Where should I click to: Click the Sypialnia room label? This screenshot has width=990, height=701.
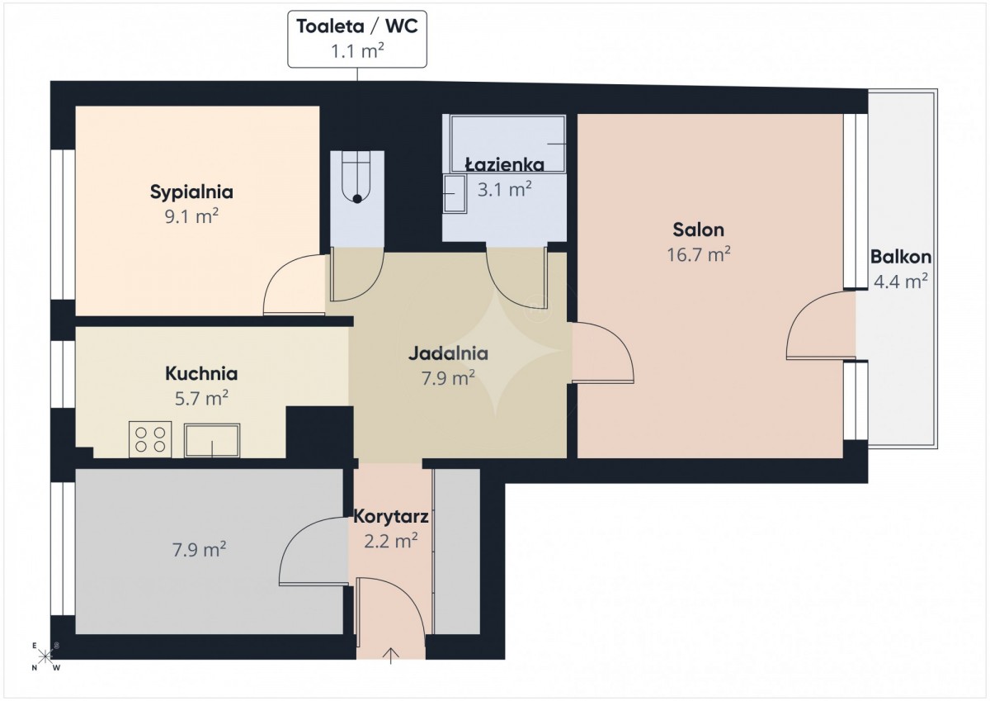(x=191, y=192)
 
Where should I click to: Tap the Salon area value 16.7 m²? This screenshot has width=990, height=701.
(x=698, y=255)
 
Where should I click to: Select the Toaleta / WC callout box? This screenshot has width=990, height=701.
(x=357, y=40)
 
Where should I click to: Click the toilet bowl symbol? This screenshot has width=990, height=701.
(x=357, y=177)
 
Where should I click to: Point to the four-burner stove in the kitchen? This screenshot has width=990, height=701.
(x=150, y=439)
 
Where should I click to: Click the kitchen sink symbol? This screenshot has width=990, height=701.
(x=212, y=440)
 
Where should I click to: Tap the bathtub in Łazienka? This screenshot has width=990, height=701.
(x=508, y=144)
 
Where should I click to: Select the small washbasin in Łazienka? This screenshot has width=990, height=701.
(x=455, y=194)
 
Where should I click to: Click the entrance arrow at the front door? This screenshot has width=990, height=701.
(x=391, y=656)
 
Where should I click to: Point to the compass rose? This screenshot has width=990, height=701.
(x=45, y=656)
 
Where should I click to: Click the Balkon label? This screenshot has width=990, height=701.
(x=901, y=257)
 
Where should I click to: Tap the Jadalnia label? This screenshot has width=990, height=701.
(x=448, y=353)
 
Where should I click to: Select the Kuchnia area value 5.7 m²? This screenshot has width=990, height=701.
(x=201, y=399)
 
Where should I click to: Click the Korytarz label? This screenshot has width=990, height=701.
(x=391, y=516)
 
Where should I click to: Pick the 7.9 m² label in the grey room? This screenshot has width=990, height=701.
(x=199, y=550)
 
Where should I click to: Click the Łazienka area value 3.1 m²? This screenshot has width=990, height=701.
(x=504, y=190)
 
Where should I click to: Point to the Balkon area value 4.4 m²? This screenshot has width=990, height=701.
(x=901, y=282)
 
